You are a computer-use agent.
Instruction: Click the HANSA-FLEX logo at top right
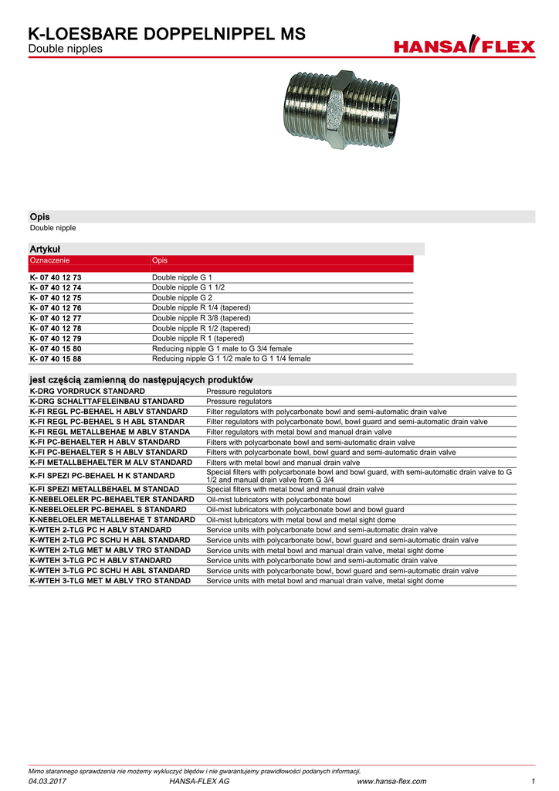pos(464,46)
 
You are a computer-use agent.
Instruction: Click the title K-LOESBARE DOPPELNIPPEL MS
pos(167,34)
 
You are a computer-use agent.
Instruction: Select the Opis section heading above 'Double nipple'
pos(39,217)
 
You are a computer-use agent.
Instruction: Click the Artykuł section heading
pos(45,249)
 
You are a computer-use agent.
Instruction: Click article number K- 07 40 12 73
pos(56,277)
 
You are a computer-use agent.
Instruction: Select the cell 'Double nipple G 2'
pos(181,297)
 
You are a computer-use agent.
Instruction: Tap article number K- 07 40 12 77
pos(56,317)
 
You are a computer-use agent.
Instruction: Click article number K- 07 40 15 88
pos(56,358)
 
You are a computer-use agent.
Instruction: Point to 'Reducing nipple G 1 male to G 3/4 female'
pos(222,348)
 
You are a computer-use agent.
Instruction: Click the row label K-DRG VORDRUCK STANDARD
pos(87,392)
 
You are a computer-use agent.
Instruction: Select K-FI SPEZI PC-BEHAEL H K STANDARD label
pos(102,476)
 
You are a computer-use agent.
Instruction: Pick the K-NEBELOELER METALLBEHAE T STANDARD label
pos(112,520)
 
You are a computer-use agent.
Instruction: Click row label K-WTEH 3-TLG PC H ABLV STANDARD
pos(100,560)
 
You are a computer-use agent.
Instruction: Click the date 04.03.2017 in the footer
pos(47,782)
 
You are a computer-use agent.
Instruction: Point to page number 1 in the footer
pos(533,782)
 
